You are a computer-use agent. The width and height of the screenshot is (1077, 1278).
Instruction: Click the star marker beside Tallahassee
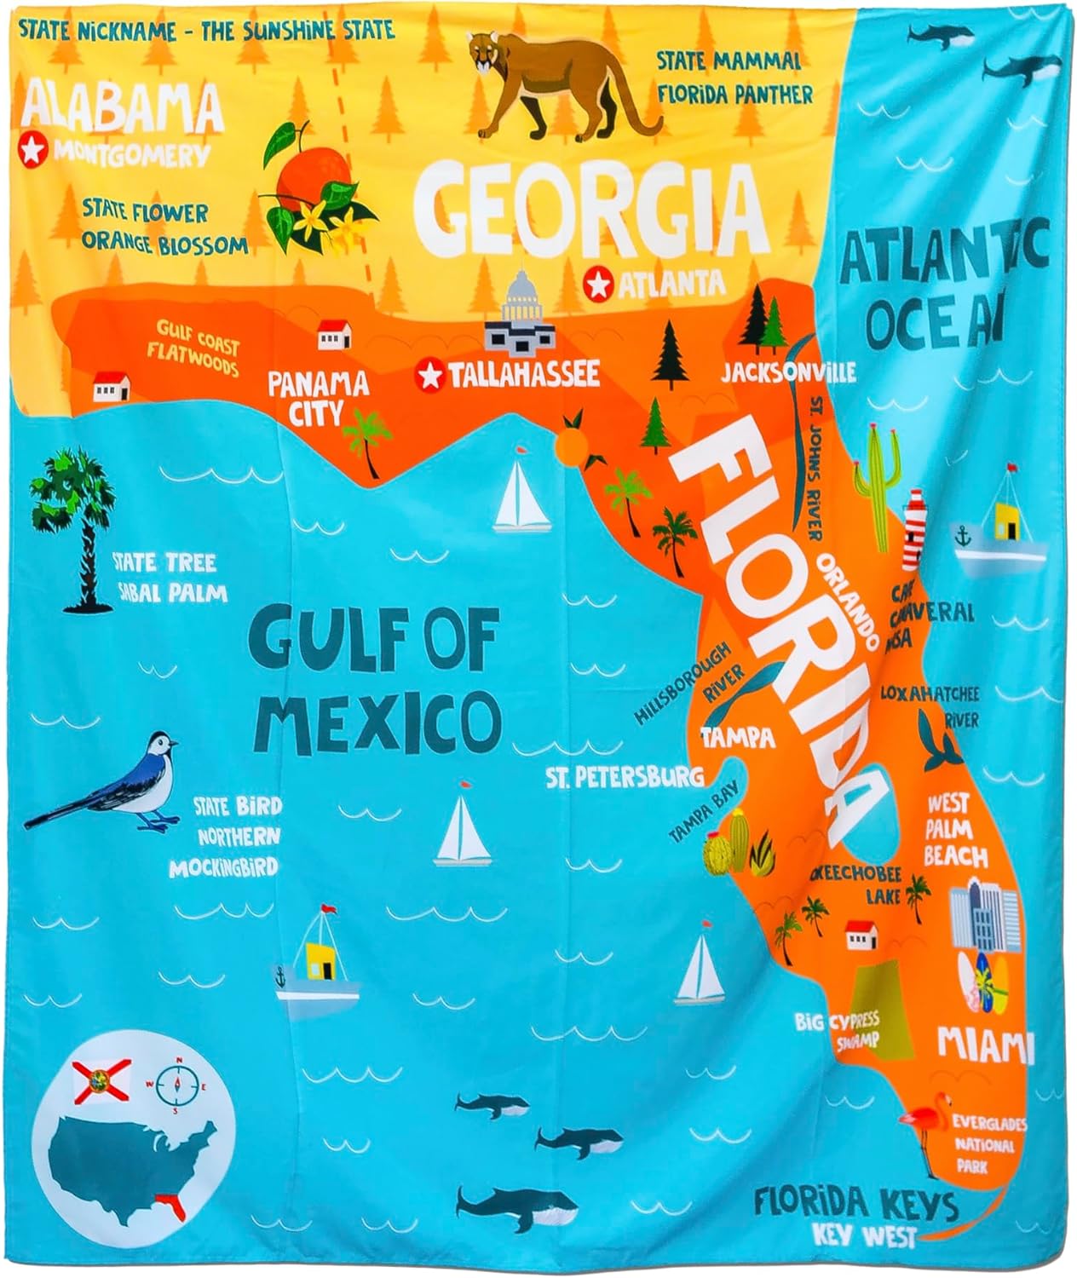tap(430, 375)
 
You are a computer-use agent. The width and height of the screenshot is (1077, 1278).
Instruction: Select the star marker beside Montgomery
tap(32, 152)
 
